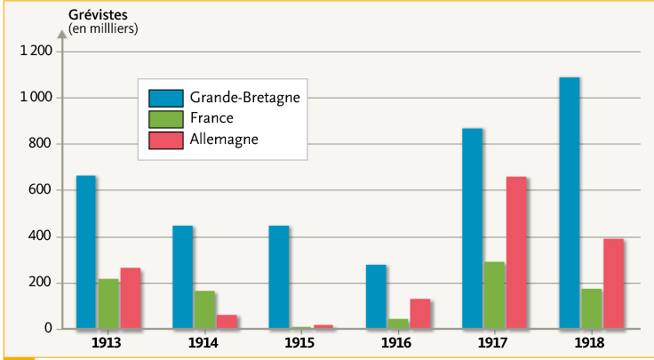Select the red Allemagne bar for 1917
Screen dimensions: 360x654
click(516, 252)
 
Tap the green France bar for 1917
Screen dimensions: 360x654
click(494, 295)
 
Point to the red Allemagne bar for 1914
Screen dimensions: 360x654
click(227, 322)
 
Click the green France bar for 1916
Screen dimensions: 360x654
click(398, 324)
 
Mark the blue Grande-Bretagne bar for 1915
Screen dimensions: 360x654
click(279, 276)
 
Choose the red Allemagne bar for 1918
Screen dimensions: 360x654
click(613, 284)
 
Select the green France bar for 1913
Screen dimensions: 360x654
click(108, 304)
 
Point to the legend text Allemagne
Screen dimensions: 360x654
click(224, 140)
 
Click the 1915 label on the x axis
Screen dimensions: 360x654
click(301, 342)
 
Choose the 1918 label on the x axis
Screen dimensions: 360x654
click(591, 342)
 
